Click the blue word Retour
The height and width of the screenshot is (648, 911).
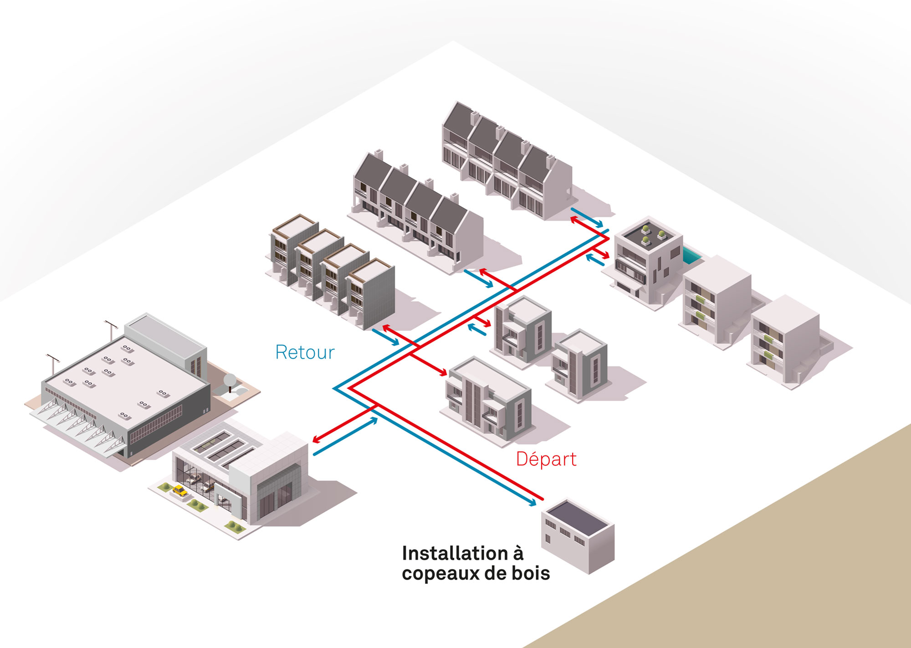point(305,352)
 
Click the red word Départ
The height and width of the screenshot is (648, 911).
point(546,459)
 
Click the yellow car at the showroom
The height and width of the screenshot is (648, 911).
point(180,491)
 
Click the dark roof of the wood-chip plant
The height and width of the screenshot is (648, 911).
point(577,517)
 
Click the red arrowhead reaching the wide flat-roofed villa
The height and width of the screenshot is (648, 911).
point(443,373)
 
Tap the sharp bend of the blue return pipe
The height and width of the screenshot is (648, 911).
point(335,388)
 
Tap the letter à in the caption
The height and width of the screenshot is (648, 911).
point(518,553)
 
